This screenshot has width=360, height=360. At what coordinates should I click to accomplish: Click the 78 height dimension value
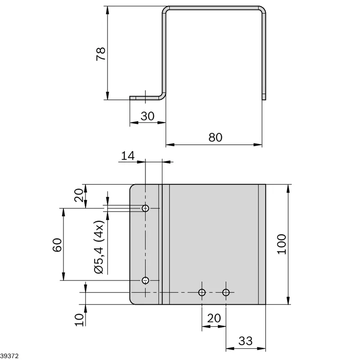pyautogui.click(x=101, y=54)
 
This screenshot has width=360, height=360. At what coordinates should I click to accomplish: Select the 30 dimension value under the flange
pyautogui.click(x=148, y=116)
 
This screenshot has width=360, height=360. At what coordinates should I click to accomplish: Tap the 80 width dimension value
pyautogui.click(x=216, y=137)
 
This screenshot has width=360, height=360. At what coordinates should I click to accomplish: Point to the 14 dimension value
pyautogui.click(x=128, y=156)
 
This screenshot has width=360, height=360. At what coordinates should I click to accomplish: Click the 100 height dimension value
pyautogui.click(x=282, y=244)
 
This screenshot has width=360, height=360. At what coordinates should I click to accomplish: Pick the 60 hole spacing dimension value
pyautogui.click(x=57, y=245)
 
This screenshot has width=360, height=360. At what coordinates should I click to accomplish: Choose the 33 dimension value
pyautogui.click(x=245, y=341)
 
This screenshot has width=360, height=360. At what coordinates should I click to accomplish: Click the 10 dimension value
pyautogui.click(x=79, y=320)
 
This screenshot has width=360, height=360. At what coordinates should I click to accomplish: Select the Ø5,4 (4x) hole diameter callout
pyautogui.click(x=99, y=247)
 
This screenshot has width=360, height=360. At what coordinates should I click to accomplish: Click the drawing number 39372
pyautogui.click(x=9, y=356)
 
